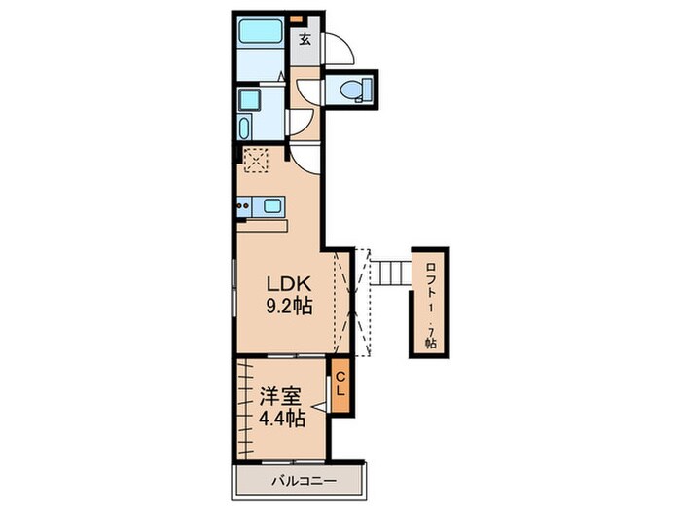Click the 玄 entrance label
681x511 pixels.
click(305, 40)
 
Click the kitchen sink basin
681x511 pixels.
click(271, 205)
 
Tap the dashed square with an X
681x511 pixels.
click(257, 158)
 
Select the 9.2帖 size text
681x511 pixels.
click(289, 306)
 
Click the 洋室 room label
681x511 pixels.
click(278, 398)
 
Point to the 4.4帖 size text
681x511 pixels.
click(278, 420)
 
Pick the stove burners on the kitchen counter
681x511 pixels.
click(244, 205)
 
